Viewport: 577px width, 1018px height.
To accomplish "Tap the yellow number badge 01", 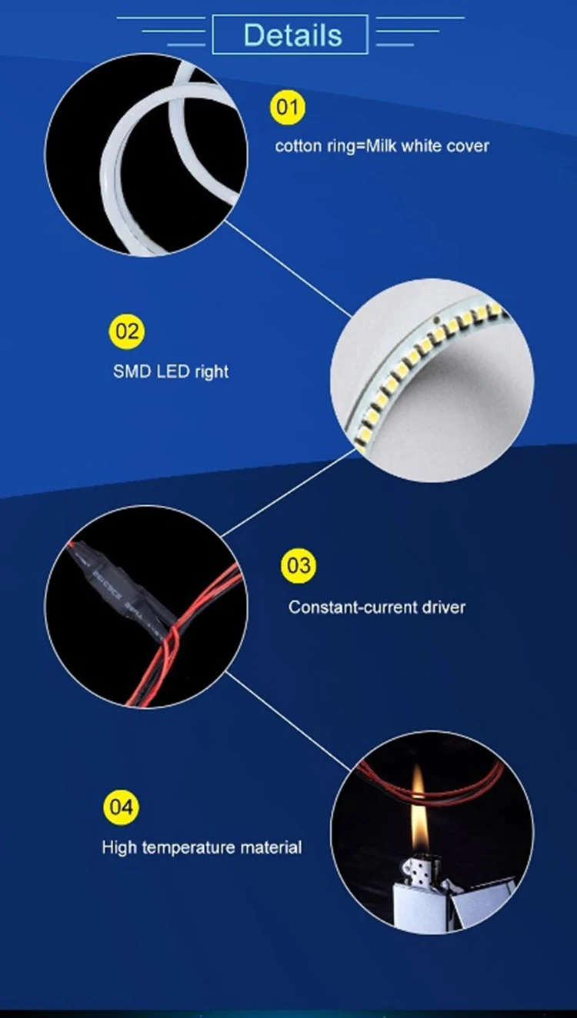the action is [x=287, y=108].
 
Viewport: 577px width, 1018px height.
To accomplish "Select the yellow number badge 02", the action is [x=126, y=332].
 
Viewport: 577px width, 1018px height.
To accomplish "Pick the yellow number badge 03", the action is [x=298, y=567].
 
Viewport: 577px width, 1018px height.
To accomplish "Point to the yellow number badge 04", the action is [x=121, y=807].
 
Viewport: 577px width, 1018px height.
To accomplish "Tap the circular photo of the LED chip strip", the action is [x=432, y=381].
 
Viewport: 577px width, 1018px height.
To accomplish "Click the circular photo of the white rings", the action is [x=146, y=154].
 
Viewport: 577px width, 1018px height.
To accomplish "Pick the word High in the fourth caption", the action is [x=119, y=847].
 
